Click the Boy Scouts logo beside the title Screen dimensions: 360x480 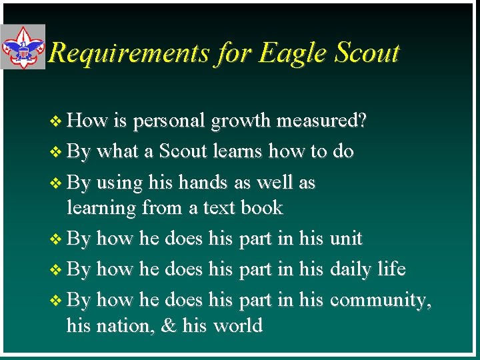point(23,47)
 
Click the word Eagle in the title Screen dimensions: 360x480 point(289,53)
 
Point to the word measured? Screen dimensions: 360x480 point(321,121)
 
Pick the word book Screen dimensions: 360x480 point(261,208)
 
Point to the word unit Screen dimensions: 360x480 point(346,238)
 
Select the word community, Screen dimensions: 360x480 point(381,300)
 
